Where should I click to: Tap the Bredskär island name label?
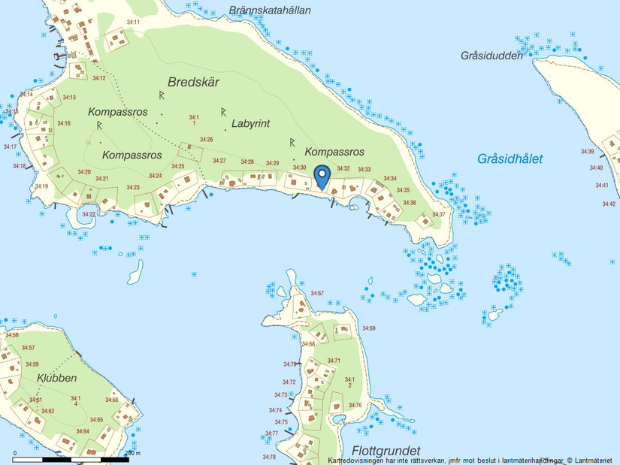(193, 83)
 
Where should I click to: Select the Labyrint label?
(250, 124)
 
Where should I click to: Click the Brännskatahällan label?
(271, 11)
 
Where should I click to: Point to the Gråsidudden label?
(491, 56)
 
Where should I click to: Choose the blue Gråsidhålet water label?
(510, 159)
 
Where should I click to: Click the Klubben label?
(56, 378)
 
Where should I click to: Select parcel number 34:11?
(133, 23)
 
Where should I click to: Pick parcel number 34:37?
(439, 215)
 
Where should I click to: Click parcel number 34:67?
(317, 293)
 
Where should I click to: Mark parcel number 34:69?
(368, 328)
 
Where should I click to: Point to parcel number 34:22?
(89, 215)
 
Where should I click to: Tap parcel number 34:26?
(207, 140)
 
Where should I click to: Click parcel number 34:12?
(98, 78)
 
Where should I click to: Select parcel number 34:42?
(609, 204)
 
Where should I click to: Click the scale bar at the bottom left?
(71, 457)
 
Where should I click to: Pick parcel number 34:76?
(355, 406)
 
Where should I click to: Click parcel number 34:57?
(29, 348)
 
